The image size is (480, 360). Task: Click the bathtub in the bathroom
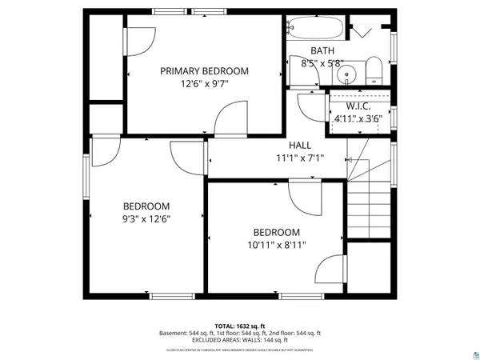[316, 29]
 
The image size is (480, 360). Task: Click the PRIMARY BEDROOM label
[204, 71]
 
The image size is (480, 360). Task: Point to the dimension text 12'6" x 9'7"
[204, 83]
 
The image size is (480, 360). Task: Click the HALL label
[300, 145]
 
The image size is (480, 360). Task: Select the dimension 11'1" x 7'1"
[300, 158]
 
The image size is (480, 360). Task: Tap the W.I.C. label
[358, 106]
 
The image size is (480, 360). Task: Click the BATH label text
[311, 50]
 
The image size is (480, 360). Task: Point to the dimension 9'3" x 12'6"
[146, 218]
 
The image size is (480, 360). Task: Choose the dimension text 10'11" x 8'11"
[277, 245]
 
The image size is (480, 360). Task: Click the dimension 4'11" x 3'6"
[358, 118]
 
